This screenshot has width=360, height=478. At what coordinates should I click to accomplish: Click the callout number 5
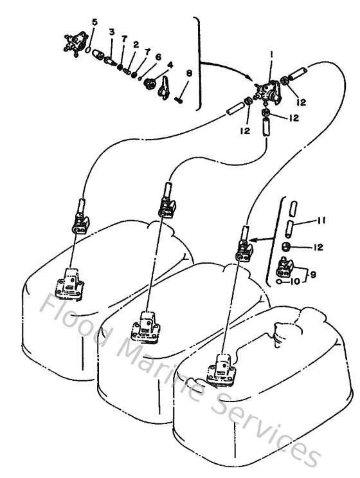pyautogui.click(x=94, y=23)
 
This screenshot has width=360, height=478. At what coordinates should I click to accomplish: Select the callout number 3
pyautogui.click(x=111, y=32)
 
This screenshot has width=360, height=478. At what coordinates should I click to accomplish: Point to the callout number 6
pyautogui.click(x=158, y=57)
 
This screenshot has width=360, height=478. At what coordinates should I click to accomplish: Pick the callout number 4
pyautogui.click(x=170, y=65)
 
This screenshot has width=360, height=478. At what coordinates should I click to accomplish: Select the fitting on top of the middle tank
pyautogui.click(x=147, y=322)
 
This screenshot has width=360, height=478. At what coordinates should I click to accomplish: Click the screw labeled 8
pyautogui.click(x=182, y=98)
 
